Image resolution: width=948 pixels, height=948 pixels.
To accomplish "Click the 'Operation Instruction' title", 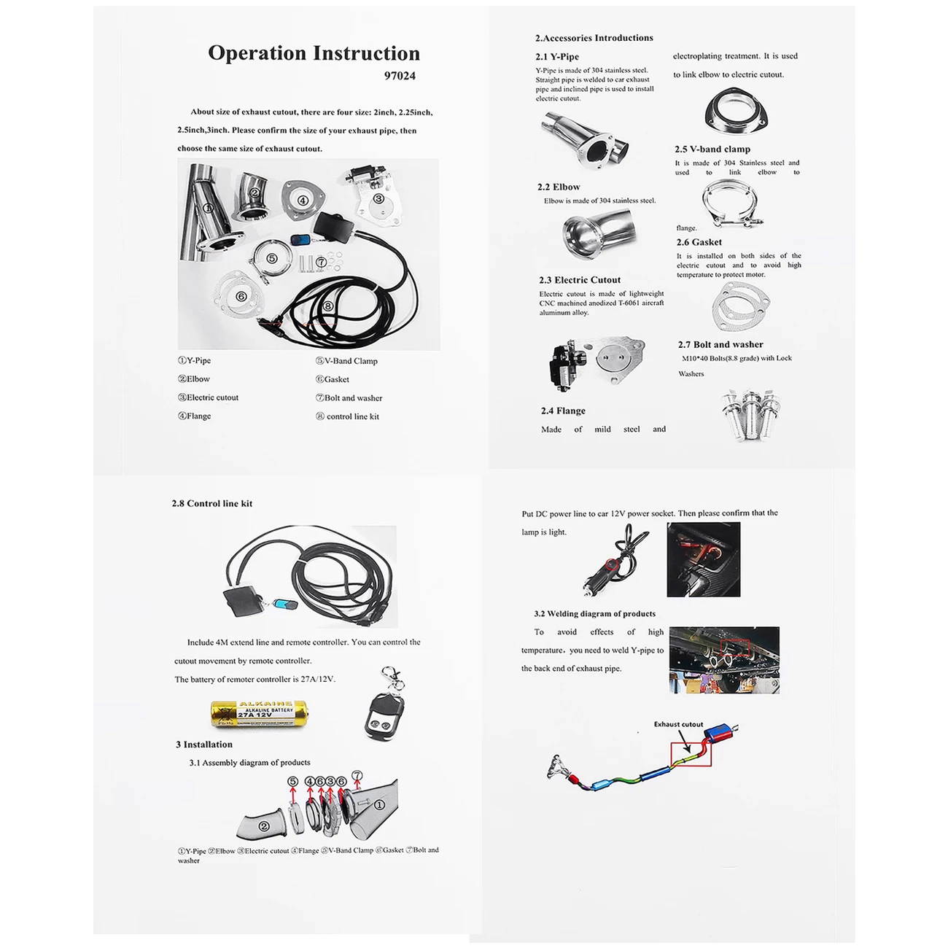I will click(314, 53).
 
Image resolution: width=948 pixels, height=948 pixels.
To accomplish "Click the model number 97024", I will click(400, 76).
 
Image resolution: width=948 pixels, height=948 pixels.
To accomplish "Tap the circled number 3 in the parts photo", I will click(378, 198).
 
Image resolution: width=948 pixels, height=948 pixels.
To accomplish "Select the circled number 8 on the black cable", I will click(329, 307).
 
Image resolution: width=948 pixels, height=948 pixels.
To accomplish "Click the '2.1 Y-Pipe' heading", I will click(557, 57).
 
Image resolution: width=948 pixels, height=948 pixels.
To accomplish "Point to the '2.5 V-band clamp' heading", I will click(712, 149).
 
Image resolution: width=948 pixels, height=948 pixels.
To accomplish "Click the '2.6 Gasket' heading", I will click(699, 242).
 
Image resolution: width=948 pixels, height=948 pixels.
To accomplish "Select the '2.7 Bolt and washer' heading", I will click(720, 344).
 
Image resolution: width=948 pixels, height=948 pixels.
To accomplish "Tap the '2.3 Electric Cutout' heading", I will click(580, 280).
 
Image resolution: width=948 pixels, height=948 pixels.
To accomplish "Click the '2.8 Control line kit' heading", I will click(212, 503).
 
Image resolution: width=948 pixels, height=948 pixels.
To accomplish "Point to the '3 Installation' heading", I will click(204, 745).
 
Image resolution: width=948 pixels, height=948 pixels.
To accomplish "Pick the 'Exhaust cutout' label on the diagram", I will click(678, 724).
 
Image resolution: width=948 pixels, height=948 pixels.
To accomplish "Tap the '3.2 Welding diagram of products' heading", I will click(594, 614).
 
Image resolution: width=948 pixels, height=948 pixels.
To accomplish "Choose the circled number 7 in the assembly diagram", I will click(357, 776).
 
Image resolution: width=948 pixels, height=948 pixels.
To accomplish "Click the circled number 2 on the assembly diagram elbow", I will click(264, 826).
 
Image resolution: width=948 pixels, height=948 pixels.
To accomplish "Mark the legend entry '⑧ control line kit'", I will click(348, 416).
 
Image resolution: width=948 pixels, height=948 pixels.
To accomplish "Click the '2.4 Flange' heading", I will click(563, 411).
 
